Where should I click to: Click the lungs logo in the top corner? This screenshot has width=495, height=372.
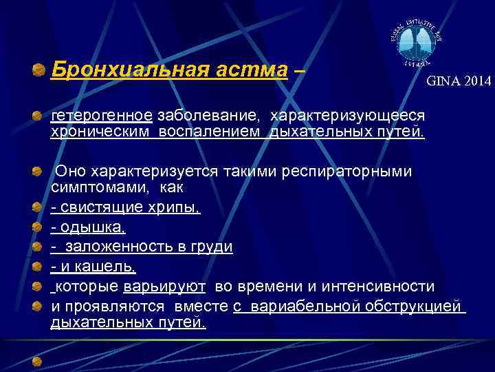(415, 43)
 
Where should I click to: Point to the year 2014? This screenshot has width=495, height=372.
(477, 81)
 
